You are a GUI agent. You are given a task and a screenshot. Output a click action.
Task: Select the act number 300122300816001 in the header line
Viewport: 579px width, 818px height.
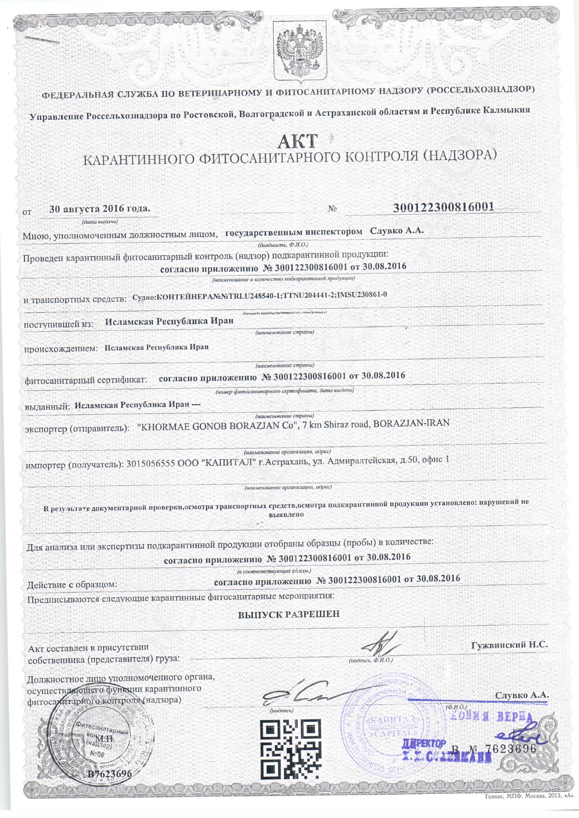pyautogui.click(x=444, y=207)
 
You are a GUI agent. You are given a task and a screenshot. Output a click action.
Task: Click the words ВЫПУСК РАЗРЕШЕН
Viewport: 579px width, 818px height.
pyautogui.click(x=289, y=614)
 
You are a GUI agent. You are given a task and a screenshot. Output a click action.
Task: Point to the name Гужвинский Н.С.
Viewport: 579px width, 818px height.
pyautogui.click(x=509, y=645)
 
